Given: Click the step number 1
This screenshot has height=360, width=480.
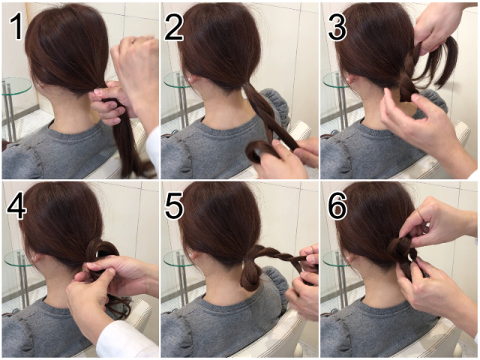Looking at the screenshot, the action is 17,27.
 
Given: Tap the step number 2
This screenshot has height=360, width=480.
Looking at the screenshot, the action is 174,28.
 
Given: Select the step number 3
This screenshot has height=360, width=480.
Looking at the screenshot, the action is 337,28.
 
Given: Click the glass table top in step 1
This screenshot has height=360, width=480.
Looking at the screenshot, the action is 16,85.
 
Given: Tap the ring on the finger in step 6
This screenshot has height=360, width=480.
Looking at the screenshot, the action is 421,214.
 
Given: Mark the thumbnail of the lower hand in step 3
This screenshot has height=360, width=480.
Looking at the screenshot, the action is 417,97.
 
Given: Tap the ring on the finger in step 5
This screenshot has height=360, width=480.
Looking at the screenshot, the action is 310,247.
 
